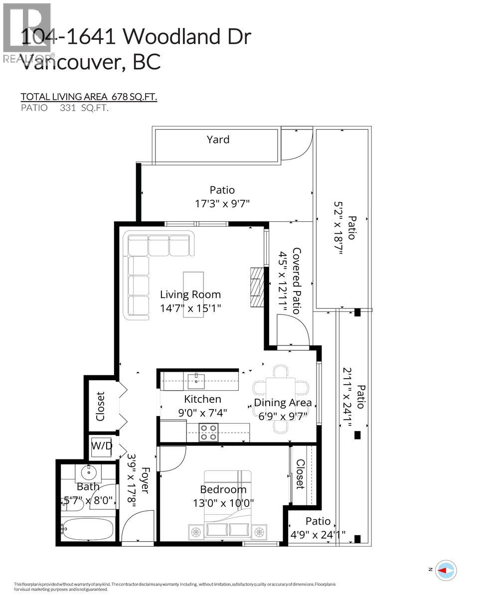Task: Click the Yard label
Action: [x=218, y=140]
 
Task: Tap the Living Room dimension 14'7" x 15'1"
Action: [x=190, y=308]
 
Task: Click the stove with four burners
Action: [x=208, y=432]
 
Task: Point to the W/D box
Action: [x=101, y=447]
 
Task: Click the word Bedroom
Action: [x=223, y=489]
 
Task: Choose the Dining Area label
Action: [x=283, y=403]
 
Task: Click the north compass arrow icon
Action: [x=446, y=569]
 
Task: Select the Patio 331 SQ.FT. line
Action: [x=64, y=108]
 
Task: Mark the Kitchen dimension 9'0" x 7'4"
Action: [x=202, y=413]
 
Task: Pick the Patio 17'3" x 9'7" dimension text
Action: [x=222, y=203]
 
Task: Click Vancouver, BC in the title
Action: [x=91, y=62]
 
